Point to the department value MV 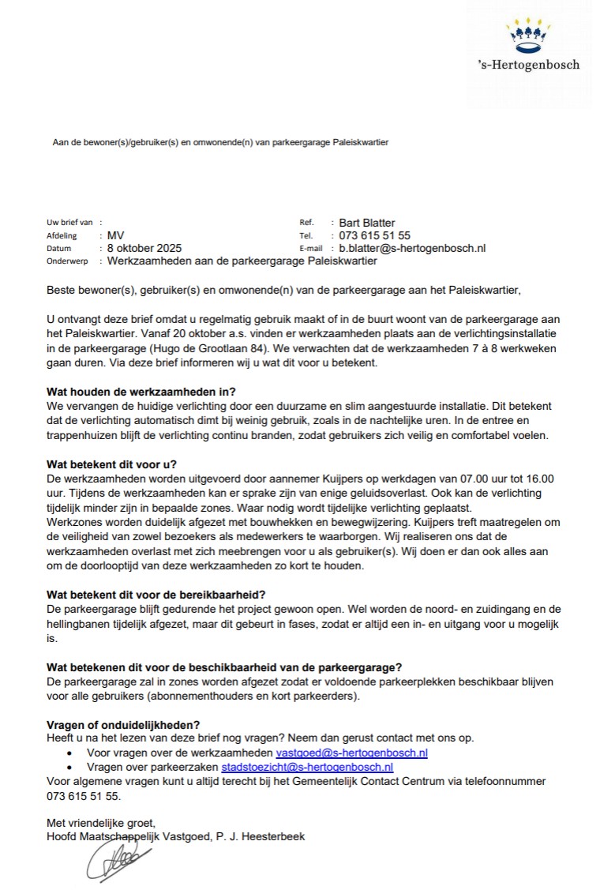tap(116, 235)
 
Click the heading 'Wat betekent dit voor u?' tap(113, 464)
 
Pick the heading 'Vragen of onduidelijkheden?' tap(124, 725)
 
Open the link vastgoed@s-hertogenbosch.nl tap(351, 753)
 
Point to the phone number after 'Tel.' tap(375, 235)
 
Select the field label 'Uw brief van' tap(70, 223)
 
